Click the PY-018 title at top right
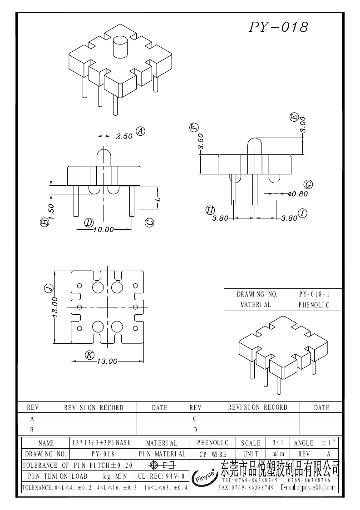pyautogui.click(x=279, y=27)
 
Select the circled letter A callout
pyautogui.click(x=141, y=131)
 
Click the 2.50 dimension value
pyautogui.click(x=124, y=136)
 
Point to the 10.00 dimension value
pyautogui.click(x=104, y=230)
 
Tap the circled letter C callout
pyautogui.click(x=150, y=223)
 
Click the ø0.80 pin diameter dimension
pyautogui.click(x=298, y=194)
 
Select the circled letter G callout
pyautogui.click(x=308, y=184)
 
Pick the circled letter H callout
pyautogui.click(x=210, y=210)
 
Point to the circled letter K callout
pyautogui.click(x=90, y=355)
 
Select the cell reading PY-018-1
pyautogui.click(x=315, y=294)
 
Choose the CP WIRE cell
pyautogui.click(x=213, y=454)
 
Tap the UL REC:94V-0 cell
pyautogui.click(x=161, y=476)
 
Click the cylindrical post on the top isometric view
pyautogui.click(x=120, y=46)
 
